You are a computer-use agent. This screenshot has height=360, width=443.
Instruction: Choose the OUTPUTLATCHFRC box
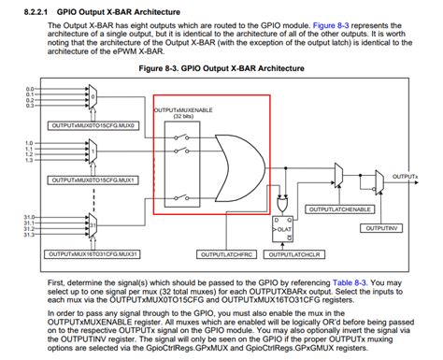click(x=227, y=253)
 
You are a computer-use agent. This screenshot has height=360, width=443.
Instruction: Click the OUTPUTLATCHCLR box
click(x=296, y=253)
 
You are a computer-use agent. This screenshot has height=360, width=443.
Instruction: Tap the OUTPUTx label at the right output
click(x=405, y=176)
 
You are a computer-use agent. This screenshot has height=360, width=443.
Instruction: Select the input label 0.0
click(x=29, y=88)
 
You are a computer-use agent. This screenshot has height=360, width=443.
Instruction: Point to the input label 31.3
click(x=30, y=235)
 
